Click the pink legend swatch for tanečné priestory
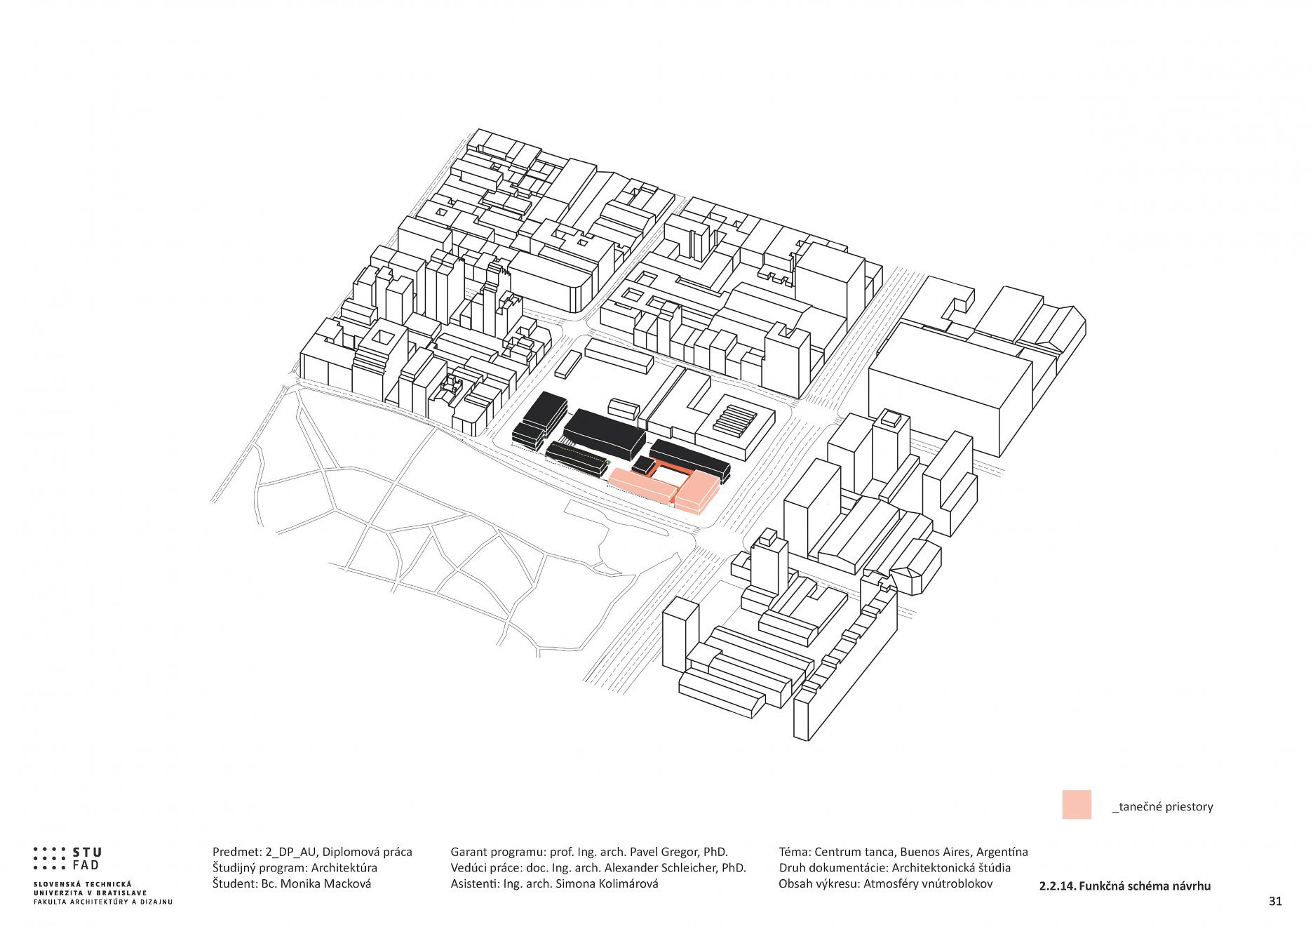coord(1076,804)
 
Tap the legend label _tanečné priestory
coord(1162,807)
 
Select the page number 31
coord(1274,901)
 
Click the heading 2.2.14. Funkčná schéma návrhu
coord(1124,886)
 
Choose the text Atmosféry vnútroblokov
coord(927,883)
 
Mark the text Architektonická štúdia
coord(951,868)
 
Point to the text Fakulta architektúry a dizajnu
coord(102,902)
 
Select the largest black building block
coord(605,432)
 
